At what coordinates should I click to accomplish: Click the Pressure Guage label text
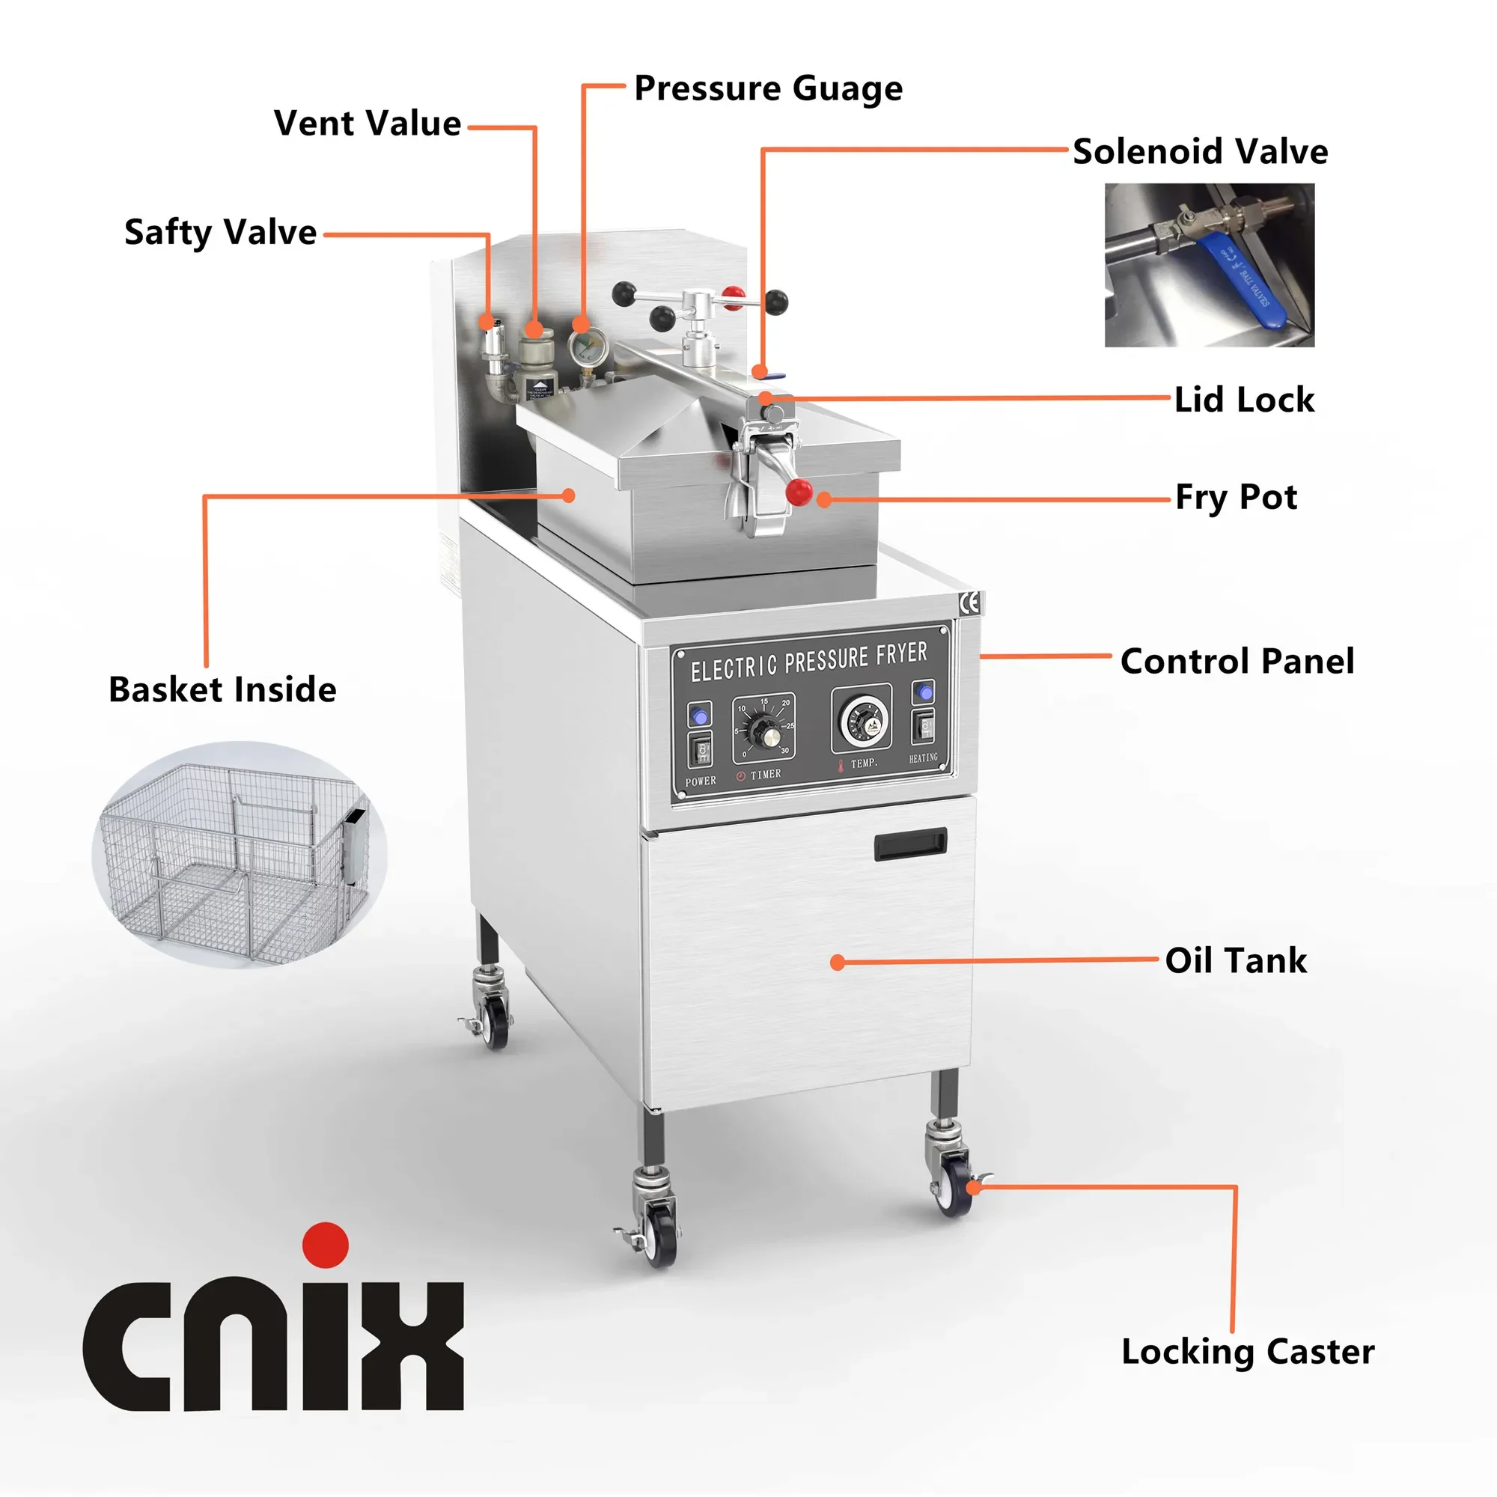[768, 88]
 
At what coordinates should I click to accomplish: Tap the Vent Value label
[368, 124]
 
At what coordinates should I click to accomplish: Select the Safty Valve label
[221, 232]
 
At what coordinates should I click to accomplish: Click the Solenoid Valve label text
[1199, 151]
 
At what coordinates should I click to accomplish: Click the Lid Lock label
[1243, 400]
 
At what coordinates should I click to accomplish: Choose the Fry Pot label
[1236, 497]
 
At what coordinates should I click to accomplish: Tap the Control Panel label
[1237, 661]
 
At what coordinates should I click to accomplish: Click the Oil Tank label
[1236, 960]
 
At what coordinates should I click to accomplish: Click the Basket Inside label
[222, 689]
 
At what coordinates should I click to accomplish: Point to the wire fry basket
[237, 853]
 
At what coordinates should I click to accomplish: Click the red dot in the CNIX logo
[326, 1246]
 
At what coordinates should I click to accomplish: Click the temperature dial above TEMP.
[862, 720]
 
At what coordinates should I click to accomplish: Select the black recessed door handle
[910, 844]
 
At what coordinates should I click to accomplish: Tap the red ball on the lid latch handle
[798, 491]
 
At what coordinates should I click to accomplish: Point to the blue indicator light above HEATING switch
[923, 691]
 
